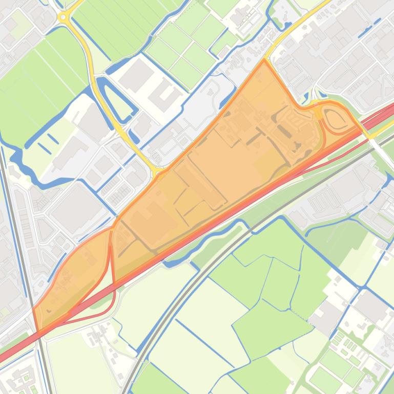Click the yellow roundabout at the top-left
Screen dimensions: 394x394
pos(64,17)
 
